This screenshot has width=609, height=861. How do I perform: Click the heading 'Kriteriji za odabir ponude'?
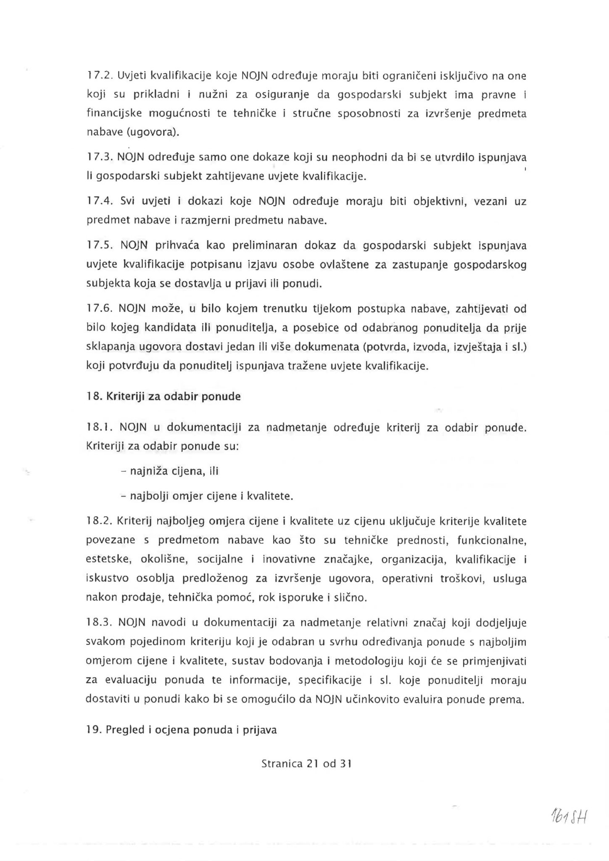pos(173,396)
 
